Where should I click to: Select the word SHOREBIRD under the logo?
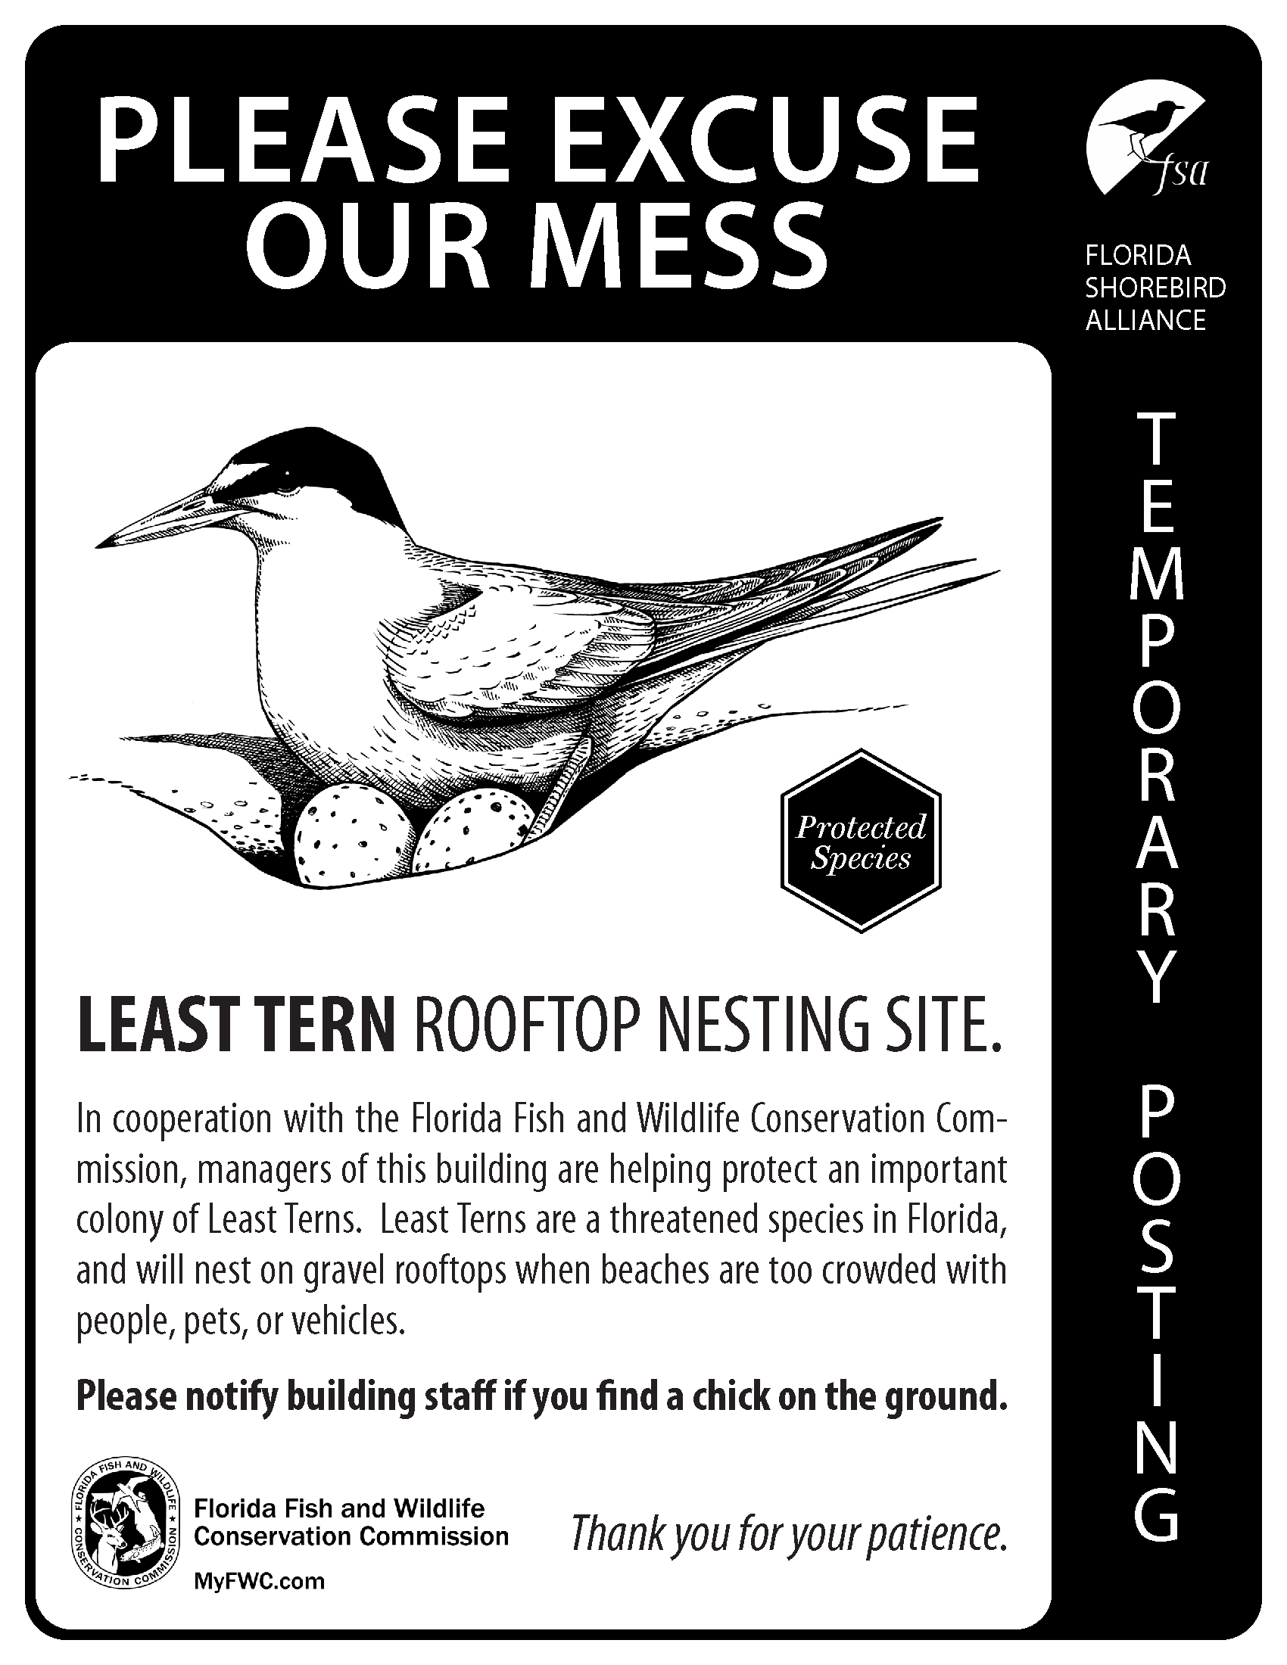[x=1155, y=288]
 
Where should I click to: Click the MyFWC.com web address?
[x=259, y=1581]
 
